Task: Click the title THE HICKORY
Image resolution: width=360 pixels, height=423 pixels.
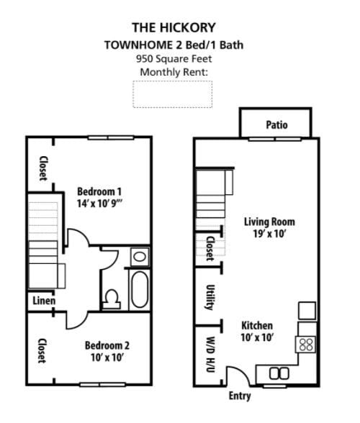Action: (174, 28)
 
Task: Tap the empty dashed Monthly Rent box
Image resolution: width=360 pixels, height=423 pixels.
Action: (173, 94)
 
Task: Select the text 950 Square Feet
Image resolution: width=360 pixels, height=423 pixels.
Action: (174, 58)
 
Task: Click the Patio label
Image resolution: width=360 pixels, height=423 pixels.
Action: (276, 124)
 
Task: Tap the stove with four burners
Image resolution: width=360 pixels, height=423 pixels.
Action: (305, 344)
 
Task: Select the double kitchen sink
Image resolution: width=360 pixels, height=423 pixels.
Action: (279, 373)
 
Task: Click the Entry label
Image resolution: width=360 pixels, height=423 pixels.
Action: (240, 396)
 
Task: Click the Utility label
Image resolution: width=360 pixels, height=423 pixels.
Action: (210, 296)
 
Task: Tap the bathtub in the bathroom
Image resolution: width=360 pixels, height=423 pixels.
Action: (139, 288)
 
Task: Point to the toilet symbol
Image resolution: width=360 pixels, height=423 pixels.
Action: (112, 297)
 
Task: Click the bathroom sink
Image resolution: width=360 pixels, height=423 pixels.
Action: (140, 256)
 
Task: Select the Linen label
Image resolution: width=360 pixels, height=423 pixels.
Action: (42, 300)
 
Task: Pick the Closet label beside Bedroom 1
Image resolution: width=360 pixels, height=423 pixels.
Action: (43, 169)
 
